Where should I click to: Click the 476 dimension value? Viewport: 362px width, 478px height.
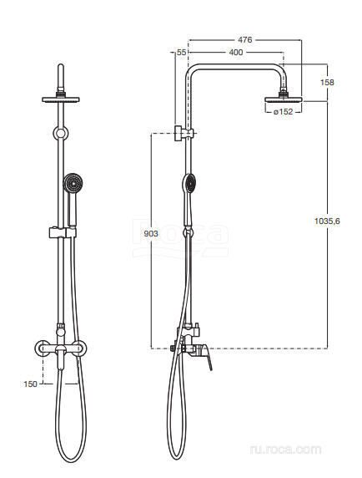pyautogui.click(x=245, y=39)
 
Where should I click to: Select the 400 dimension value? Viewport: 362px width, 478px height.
pyautogui.click(x=236, y=53)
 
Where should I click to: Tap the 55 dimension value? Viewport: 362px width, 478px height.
pyautogui.click(x=181, y=52)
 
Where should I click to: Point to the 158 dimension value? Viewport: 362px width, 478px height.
pyautogui.click(x=327, y=82)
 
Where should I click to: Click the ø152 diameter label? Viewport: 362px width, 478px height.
pyautogui.click(x=283, y=112)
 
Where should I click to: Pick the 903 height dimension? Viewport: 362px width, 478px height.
pyautogui.click(x=151, y=233)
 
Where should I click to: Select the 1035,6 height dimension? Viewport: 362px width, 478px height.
pyautogui.click(x=327, y=221)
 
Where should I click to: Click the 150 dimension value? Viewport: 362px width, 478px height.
pyautogui.click(x=30, y=384)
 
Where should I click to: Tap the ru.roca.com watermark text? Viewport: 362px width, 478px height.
pyautogui.click(x=285, y=450)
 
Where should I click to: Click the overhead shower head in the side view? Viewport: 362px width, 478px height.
pyautogui.click(x=284, y=99)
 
